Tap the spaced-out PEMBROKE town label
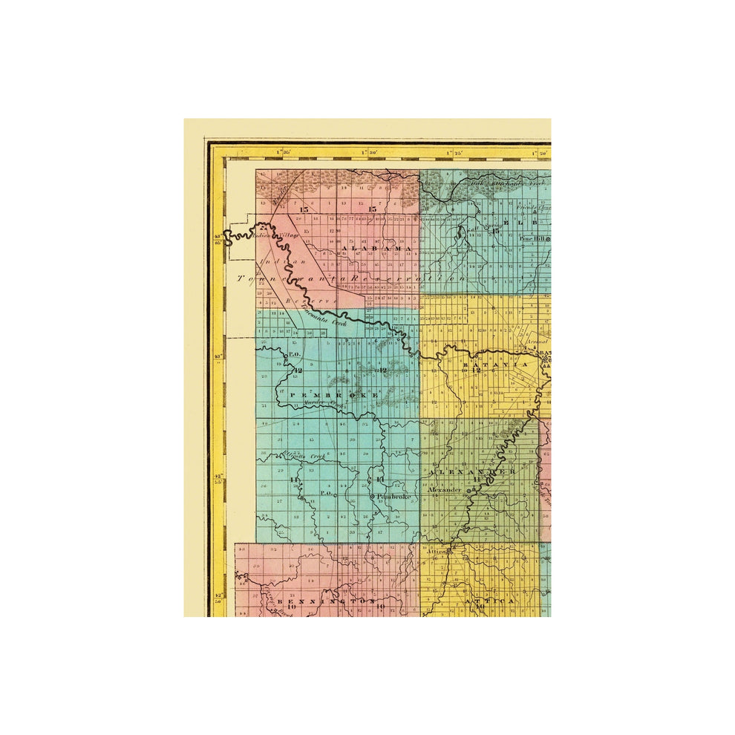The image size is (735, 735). click(333, 395)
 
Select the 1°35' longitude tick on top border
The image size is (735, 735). click(282, 153)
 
